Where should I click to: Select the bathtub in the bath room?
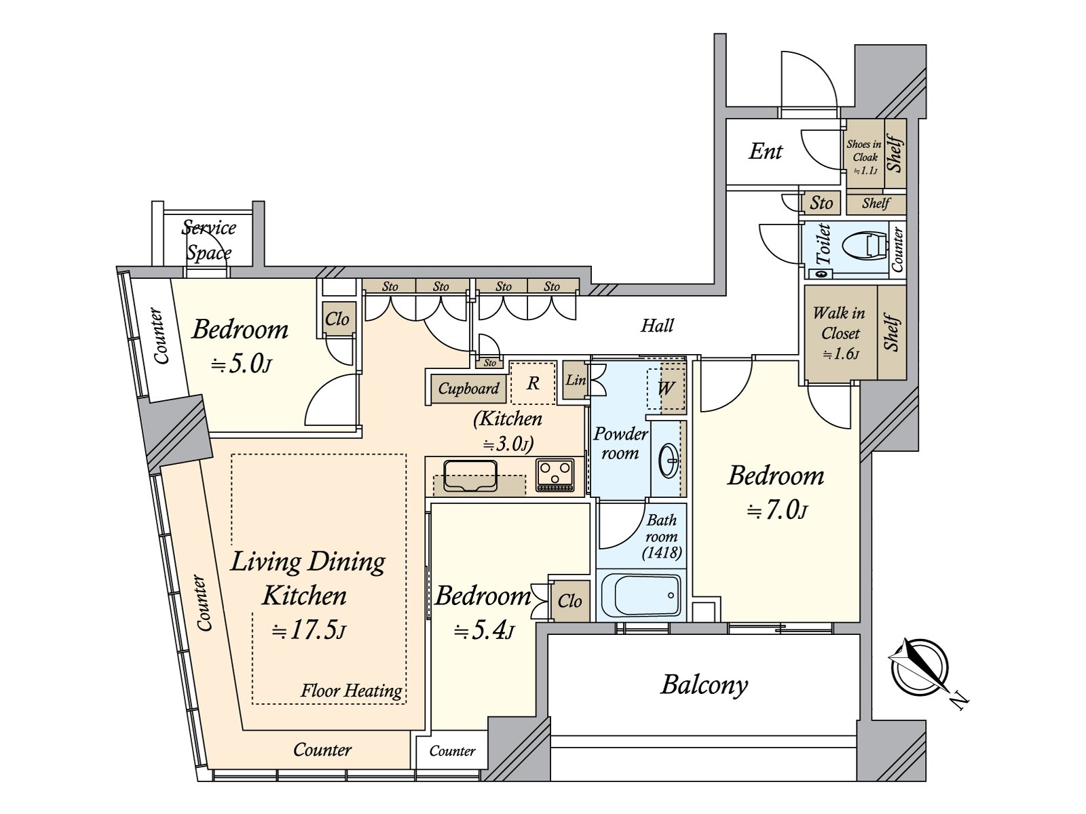[641, 595]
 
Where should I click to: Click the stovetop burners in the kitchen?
[555, 476]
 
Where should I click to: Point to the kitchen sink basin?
[470, 476]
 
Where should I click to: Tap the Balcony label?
[704, 686]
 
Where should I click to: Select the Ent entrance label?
[766, 151]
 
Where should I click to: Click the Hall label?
[658, 325]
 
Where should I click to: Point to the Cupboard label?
[468, 389]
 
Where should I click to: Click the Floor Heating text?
[352, 690]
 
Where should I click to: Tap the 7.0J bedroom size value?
[777, 511]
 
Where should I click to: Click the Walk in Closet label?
[840, 332]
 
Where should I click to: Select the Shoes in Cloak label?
[864, 157]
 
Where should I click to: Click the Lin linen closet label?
[576, 380]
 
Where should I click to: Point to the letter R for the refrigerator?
[533, 383]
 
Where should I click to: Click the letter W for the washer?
[665, 388]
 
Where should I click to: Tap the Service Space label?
[208, 240]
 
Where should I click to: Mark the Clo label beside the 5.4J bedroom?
[569, 601]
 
